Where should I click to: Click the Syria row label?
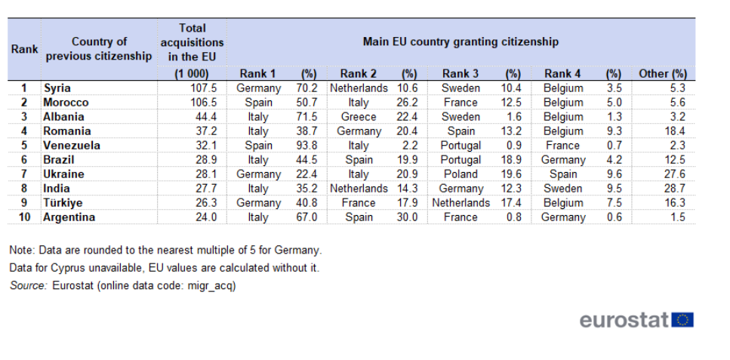57,88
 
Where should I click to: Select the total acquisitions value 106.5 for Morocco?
205,103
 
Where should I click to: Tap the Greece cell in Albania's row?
358,117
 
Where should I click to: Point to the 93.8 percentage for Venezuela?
306,146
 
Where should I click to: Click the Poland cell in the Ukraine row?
460,174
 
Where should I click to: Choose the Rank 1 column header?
257,73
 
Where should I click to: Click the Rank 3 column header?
460,73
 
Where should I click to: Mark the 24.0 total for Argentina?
206,217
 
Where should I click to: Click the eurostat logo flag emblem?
682,320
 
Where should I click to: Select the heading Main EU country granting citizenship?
460,42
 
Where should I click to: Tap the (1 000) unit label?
192,73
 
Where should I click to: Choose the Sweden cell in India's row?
562,189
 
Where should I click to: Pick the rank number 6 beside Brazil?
24,160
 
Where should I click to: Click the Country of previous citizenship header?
99,49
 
